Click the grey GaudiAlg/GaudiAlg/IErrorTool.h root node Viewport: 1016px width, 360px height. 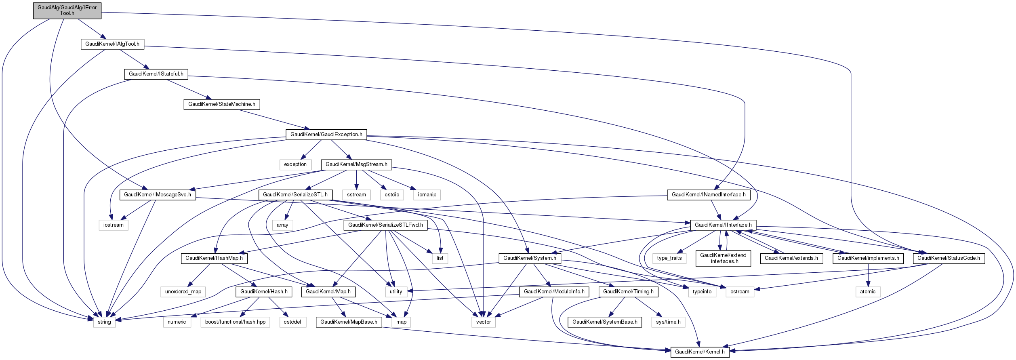point(67,11)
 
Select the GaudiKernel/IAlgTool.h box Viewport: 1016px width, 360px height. point(112,44)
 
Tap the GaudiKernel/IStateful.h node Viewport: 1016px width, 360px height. point(156,74)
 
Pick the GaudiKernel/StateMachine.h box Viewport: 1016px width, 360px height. point(222,104)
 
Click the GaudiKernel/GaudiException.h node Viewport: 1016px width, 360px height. point(326,135)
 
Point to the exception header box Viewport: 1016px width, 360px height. point(295,164)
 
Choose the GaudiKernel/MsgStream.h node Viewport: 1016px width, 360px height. point(356,164)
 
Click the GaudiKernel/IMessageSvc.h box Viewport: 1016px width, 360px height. point(158,195)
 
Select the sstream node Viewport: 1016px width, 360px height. point(356,195)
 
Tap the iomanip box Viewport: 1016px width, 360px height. point(427,195)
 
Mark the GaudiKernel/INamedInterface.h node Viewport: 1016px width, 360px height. point(709,195)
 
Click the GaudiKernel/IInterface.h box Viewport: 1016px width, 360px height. point(723,225)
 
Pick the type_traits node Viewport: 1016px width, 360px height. point(669,258)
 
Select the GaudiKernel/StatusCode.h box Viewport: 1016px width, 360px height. point(949,258)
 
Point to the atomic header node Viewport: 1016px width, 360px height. point(868,292)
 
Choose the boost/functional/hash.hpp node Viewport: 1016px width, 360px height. point(235,322)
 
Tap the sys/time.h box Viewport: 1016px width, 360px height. point(668,322)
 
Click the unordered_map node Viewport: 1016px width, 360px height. point(183,292)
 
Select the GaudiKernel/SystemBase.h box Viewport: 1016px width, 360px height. point(605,322)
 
